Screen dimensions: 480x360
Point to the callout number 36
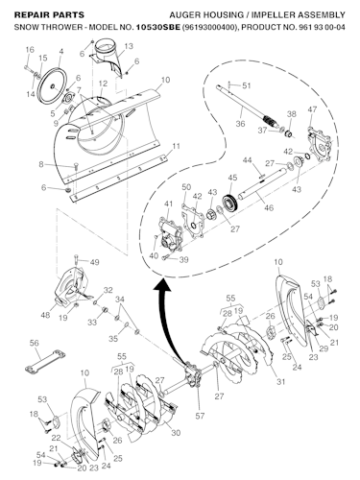241,123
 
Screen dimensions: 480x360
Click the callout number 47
311,111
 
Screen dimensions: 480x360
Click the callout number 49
94,261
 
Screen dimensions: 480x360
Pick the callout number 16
29,49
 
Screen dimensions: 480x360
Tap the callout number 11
174,146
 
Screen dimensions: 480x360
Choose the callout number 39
184,259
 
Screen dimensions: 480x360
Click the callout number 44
247,160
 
